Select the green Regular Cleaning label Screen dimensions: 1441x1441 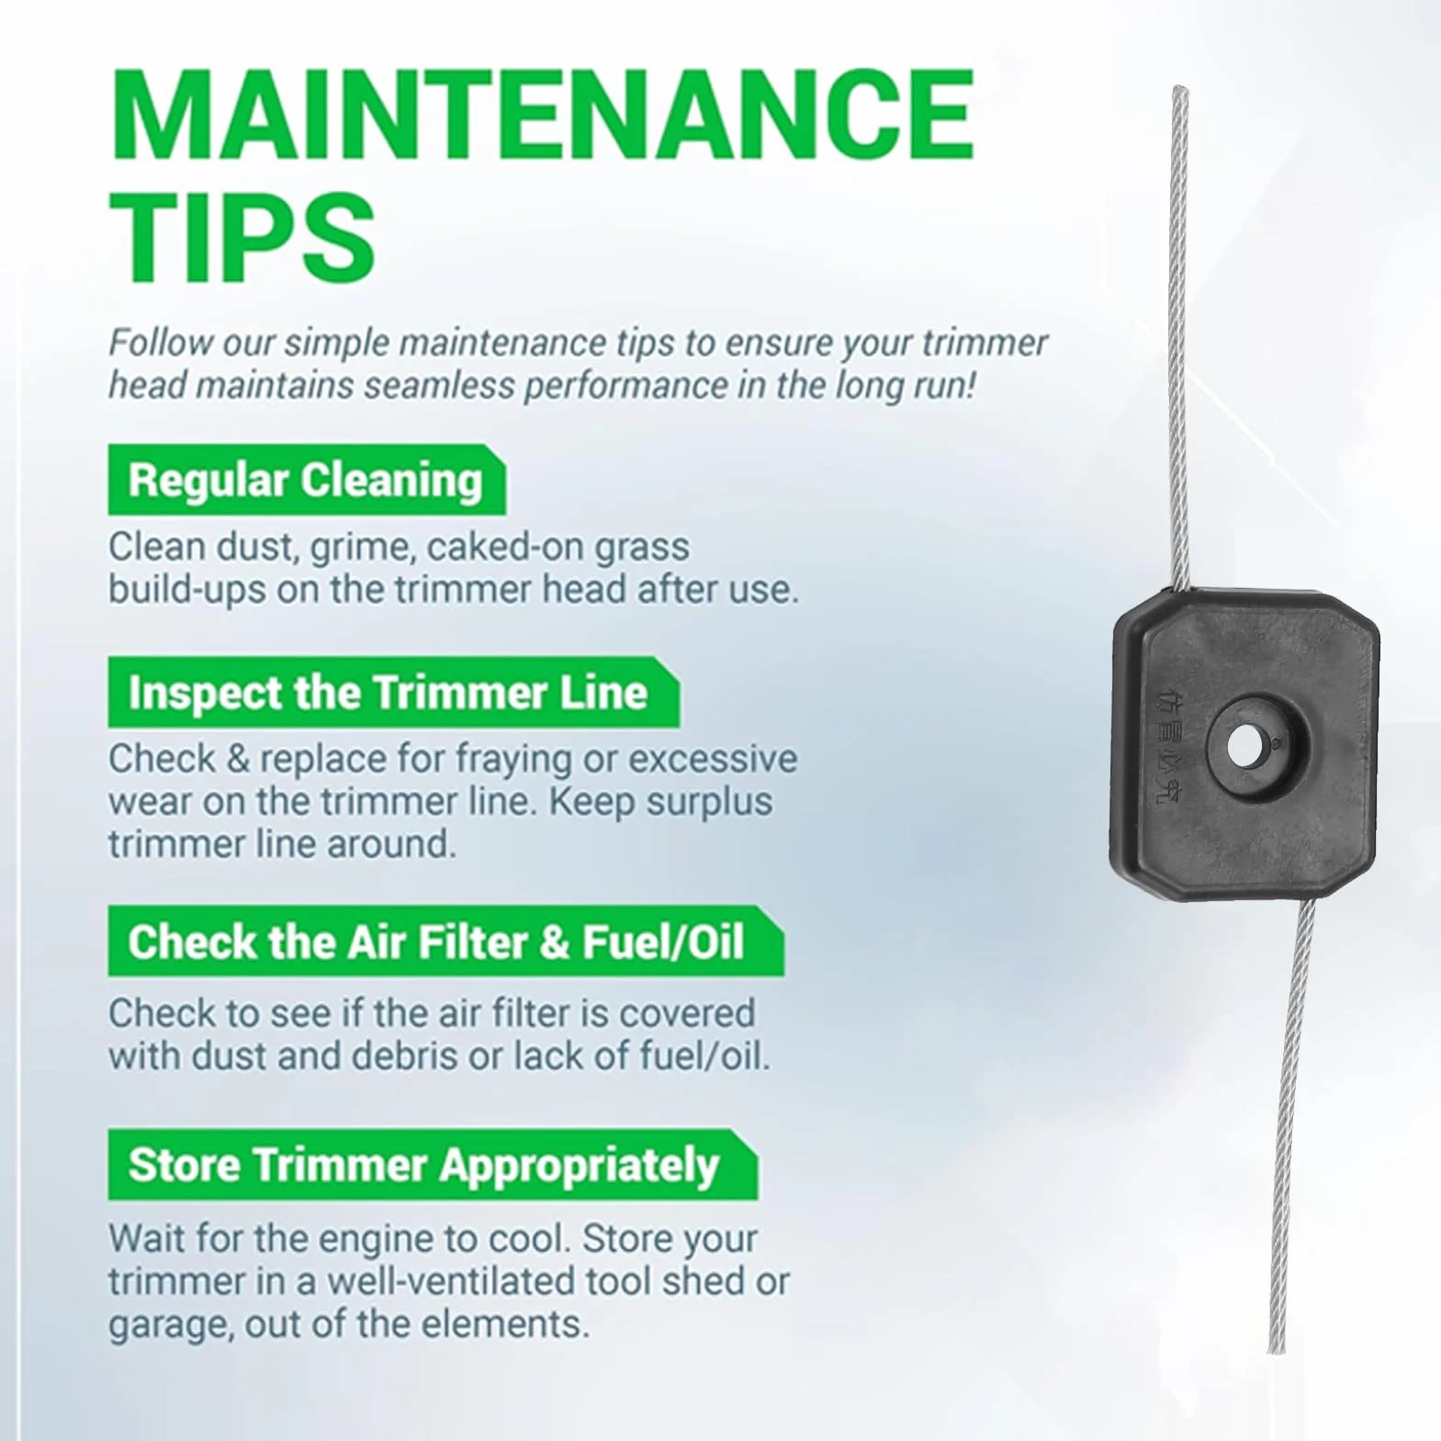pyautogui.click(x=306, y=480)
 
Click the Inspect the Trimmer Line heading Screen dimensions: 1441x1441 pyautogui.click(x=393, y=692)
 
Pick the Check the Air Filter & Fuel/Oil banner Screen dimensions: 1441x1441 pyautogui.click(x=445, y=941)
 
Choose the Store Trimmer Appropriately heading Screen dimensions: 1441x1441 pyautogui.click(x=433, y=1165)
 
